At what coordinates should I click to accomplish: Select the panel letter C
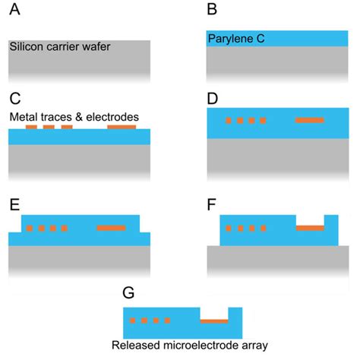click(14, 99)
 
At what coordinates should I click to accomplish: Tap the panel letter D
click(213, 99)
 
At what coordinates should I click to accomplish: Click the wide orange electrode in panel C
click(122, 128)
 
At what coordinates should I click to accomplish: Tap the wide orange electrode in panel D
click(309, 121)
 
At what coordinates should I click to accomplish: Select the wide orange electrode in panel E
click(112, 228)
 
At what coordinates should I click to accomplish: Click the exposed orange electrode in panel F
click(309, 228)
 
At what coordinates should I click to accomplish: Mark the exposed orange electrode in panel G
click(213, 321)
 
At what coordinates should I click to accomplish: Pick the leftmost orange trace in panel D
click(229, 121)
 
